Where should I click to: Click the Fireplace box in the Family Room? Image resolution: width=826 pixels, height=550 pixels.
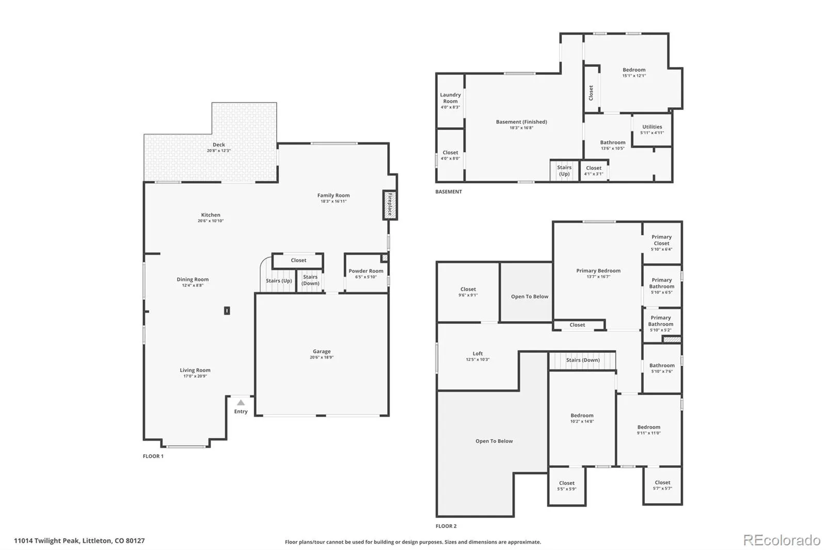point(389,205)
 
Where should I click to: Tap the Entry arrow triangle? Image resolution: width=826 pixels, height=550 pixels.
point(241,402)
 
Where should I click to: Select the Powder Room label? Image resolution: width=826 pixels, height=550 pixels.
point(366,271)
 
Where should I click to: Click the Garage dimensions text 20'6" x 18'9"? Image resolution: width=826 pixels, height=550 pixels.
point(322,357)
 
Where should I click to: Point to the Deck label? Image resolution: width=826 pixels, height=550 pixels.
point(219,145)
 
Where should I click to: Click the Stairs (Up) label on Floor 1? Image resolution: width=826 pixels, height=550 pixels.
point(279,281)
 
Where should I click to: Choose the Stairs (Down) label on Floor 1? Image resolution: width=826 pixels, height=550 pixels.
point(310,280)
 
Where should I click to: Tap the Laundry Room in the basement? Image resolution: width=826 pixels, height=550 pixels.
point(450,101)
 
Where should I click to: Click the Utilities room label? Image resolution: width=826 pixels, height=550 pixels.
point(652,127)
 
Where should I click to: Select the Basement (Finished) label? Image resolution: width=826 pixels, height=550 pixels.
point(521,122)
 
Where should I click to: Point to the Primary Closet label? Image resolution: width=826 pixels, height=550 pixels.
point(661,240)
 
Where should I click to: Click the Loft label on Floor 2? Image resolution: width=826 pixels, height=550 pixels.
point(478,353)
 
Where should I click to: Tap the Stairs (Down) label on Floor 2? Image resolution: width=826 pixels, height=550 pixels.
point(583,360)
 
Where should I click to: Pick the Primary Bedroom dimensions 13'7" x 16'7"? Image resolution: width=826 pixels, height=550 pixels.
point(598,277)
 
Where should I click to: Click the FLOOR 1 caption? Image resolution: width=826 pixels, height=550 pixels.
point(153,456)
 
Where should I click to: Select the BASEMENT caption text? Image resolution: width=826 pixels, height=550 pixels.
point(449,192)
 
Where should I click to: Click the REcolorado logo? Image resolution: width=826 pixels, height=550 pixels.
point(782,540)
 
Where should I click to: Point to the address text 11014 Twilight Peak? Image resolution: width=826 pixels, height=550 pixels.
point(46,541)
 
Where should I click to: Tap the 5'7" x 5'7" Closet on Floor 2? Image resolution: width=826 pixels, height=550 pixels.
point(663,486)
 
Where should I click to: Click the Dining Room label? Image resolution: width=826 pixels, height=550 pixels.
point(193,280)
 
